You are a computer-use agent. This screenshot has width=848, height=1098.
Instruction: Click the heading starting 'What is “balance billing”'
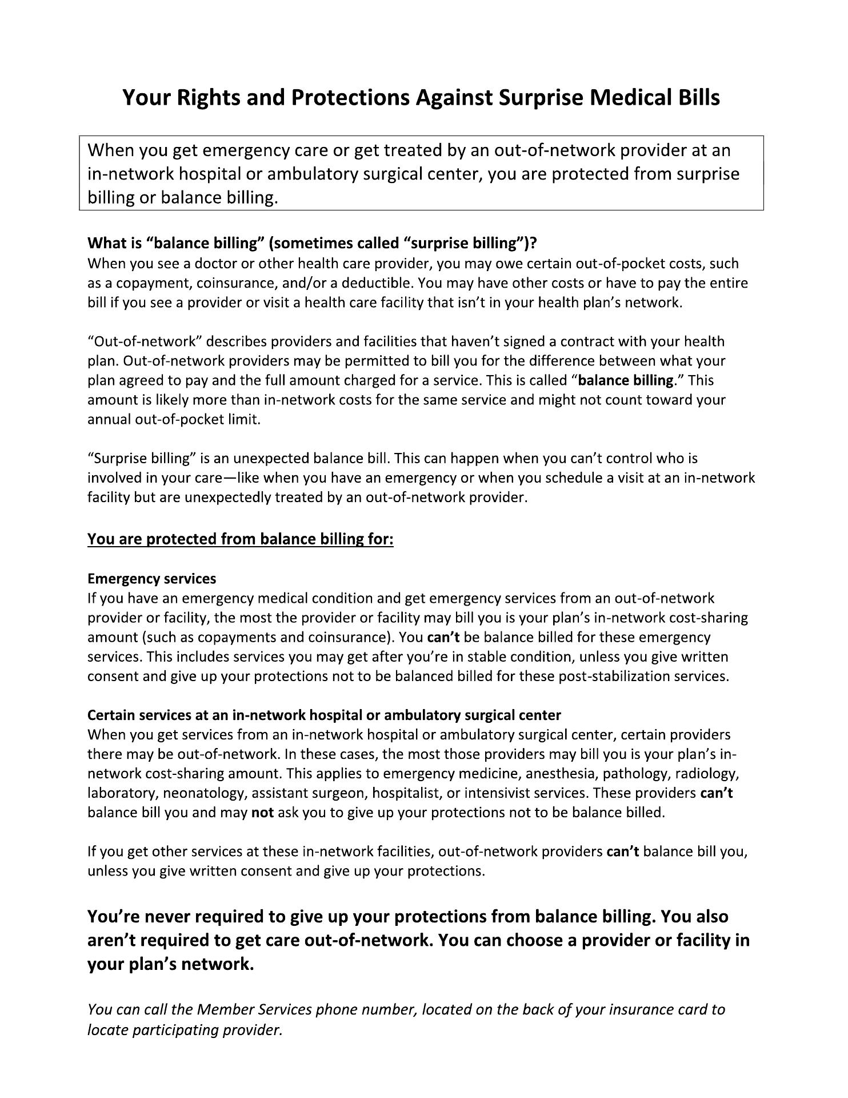[312, 243]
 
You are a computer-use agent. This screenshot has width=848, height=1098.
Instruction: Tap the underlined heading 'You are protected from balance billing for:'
[241, 539]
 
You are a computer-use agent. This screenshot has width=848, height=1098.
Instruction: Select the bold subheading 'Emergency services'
[152, 579]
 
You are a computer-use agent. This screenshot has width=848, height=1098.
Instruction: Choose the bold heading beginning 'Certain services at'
[324, 715]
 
